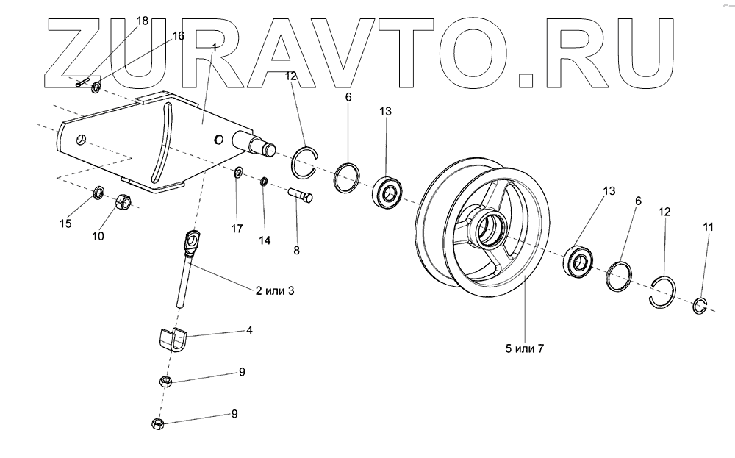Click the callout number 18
(x=143, y=21)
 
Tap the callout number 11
(x=708, y=228)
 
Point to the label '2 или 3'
(x=275, y=290)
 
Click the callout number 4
(x=249, y=331)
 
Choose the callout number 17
(x=237, y=229)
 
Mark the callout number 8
(x=296, y=250)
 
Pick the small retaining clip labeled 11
(x=701, y=306)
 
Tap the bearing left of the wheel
(x=387, y=191)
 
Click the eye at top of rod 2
(x=193, y=240)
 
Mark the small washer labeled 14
(x=263, y=182)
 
